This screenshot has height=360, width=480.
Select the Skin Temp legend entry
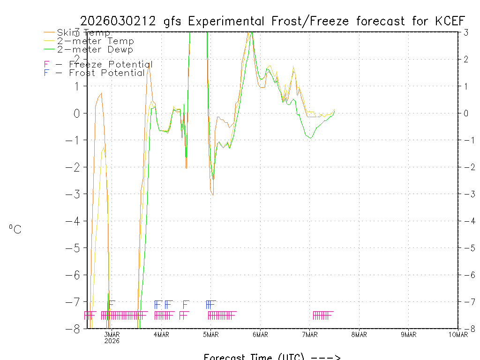pos(83,33)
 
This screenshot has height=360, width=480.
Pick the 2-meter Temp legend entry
pos(95,41)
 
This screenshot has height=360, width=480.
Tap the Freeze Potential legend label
pos(105,64)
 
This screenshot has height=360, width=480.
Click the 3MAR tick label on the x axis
pos(112,334)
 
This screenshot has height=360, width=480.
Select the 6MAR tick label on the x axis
pos(260,334)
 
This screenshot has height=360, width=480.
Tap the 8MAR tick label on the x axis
pos(359,334)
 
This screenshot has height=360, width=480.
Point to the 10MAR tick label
pos(457,334)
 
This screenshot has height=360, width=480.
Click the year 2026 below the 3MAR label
pos(112,341)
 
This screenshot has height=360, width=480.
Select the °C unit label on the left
pos(15,229)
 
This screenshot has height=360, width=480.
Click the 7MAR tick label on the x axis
pos(310,334)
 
